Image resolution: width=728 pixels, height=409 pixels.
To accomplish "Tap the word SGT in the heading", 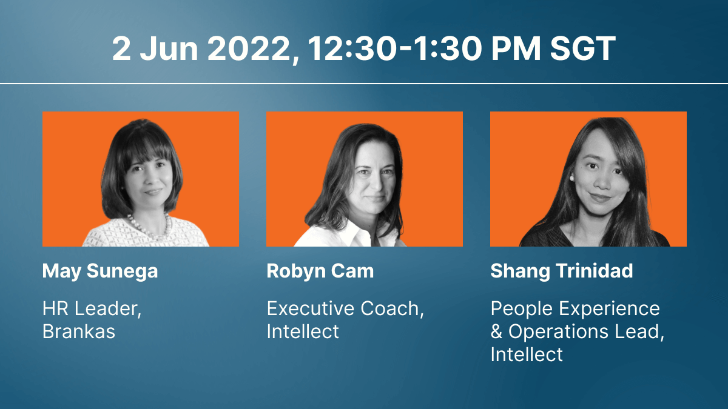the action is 583,48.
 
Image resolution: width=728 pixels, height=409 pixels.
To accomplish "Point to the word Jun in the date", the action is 169,48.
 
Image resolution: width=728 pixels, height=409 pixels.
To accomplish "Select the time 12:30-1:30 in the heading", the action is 394,48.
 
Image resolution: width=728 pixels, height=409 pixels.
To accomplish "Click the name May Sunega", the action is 99,271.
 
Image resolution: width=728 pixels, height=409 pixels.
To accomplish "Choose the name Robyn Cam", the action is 320,271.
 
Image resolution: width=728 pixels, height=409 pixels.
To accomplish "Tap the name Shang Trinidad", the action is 562,271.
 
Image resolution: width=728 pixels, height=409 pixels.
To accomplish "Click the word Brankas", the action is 79,331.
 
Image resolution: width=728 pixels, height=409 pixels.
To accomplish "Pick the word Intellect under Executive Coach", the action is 303,331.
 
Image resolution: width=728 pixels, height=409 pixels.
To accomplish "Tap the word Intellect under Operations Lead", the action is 527,354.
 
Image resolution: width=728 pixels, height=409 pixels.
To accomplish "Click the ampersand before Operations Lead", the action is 497,332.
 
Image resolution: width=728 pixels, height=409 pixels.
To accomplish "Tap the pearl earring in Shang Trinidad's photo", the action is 571,178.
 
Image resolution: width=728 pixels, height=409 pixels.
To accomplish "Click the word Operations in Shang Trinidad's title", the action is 558,332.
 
